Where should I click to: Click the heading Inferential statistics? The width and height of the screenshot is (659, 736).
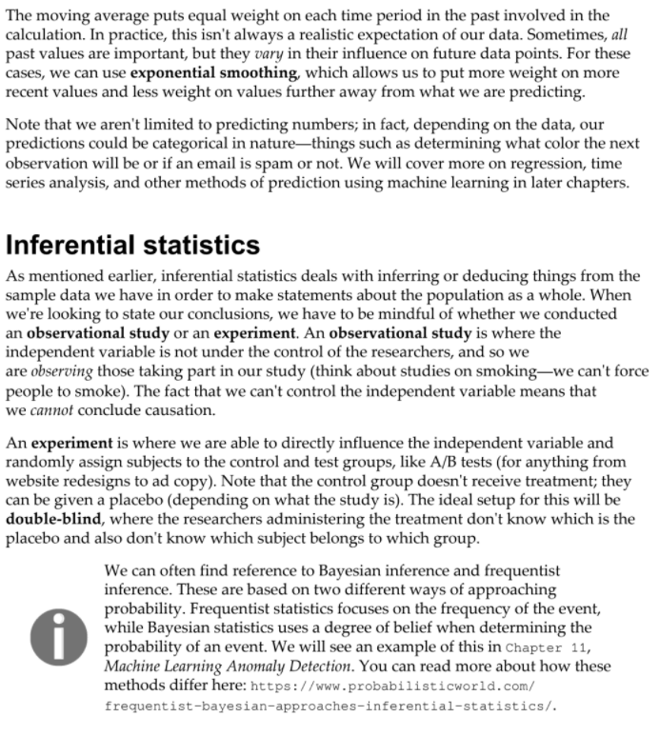132,245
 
